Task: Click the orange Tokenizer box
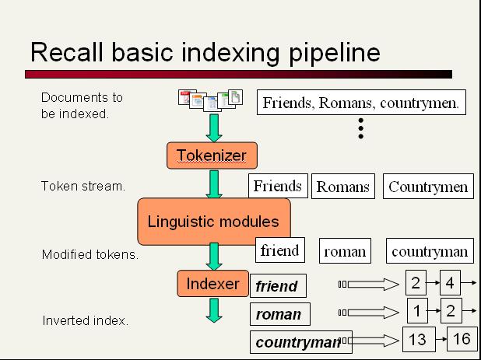coord(212,156)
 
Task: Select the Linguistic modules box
coord(214,222)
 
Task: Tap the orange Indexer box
coord(213,283)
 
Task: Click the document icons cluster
coord(210,100)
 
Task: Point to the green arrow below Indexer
coord(214,310)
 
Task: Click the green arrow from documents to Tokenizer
coord(214,128)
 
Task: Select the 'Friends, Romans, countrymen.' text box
coord(361,103)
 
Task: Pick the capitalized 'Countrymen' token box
coord(428,187)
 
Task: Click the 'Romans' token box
coord(343,187)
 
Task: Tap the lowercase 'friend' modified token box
coord(280,250)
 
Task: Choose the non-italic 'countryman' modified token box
coord(430,251)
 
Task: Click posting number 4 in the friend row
coord(450,282)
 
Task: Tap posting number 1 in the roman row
coord(417,311)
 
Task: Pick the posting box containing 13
coord(419,339)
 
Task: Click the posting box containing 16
coord(462,339)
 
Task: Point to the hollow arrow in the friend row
coord(374,285)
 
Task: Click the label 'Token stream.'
coord(83,186)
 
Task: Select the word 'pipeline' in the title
coord(335,53)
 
